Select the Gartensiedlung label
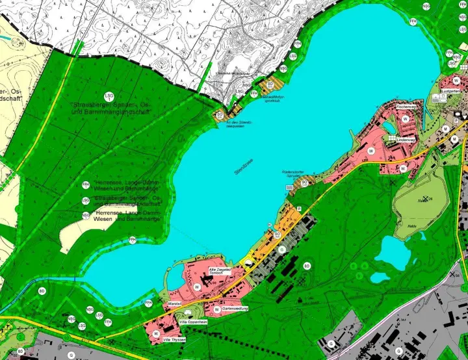pyautogui.click(x=231, y=309)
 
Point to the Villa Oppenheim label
pyautogui.click(x=194, y=322)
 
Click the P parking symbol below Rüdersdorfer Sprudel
pyautogui.click(x=299, y=208)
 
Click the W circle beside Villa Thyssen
pyautogui.click(x=157, y=333)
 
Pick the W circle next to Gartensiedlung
pyautogui.click(x=216, y=309)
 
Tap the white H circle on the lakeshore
pyautogui.click(x=269, y=225)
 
